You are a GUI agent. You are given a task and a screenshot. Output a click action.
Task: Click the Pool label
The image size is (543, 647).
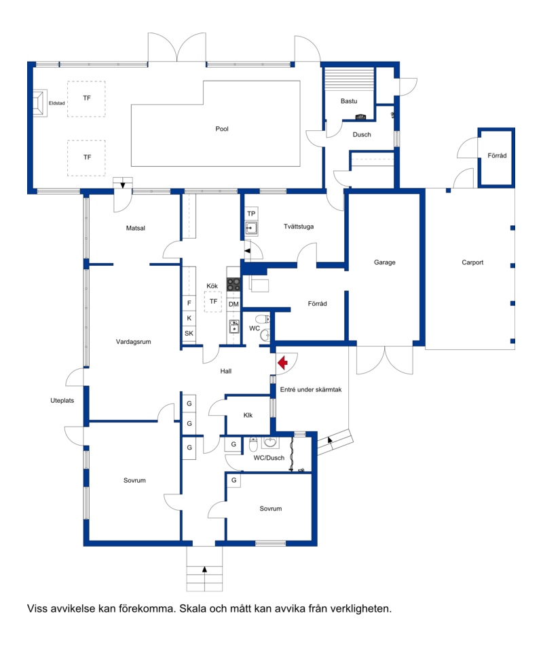click(x=222, y=129)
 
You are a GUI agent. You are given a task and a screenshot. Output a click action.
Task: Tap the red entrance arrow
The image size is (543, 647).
click(x=283, y=363)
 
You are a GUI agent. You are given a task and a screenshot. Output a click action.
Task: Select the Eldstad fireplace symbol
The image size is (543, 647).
click(x=39, y=103)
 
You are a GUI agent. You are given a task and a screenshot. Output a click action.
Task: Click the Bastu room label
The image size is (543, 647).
click(x=349, y=101)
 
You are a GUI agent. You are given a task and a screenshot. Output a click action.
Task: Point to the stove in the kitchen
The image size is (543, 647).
click(x=233, y=285)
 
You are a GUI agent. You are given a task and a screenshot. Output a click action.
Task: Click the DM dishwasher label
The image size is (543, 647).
click(x=233, y=304)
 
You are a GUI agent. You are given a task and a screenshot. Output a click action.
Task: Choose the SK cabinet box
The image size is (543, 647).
click(x=189, y=334)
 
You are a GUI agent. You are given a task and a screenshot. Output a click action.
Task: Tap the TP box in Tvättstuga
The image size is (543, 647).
click(x=251, y=214)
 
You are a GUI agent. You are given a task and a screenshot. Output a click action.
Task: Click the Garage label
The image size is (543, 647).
click(x=384, y=262)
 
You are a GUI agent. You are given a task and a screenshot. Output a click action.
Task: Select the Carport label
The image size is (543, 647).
click(x=472, y=262)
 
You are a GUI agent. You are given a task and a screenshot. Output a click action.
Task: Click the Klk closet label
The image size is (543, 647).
click(x=248, y=415)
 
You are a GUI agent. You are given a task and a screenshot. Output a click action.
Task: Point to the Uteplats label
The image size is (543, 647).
click(x=62, y=400)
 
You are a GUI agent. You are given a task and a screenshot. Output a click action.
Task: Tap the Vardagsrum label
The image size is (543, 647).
click(x=134, y=342)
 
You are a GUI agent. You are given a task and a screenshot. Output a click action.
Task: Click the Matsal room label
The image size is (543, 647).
click(x=136, y=228)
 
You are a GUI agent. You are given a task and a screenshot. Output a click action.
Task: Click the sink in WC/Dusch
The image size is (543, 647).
click(x=270, y=443)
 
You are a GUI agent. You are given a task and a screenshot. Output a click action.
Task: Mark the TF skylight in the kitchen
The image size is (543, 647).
click(x=213, y=302)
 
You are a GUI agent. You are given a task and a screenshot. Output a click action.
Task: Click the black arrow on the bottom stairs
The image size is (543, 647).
click(x=204, y=570)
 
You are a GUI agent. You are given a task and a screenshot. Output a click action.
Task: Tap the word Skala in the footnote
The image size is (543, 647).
click(x=193, y=608)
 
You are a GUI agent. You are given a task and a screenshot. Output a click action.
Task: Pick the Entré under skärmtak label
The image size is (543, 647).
click(x=311, y=389)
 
